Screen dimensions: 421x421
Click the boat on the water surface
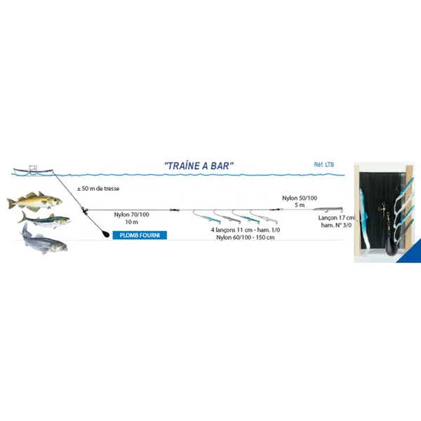point(33,171)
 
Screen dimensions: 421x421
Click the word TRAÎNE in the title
point(182,166)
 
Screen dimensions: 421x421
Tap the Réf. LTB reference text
point(324,165)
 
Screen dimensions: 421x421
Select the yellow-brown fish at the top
point(34,201)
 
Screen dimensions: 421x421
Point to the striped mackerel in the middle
point(44,220)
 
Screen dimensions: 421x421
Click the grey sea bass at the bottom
point(44,240)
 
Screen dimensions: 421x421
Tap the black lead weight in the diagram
point(105,234)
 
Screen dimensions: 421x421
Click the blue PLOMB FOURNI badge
point(140,235)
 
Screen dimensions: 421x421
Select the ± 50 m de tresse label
point(98,189)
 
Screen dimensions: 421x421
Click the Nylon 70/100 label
point(132,215)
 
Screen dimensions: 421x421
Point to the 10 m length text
point(132,222)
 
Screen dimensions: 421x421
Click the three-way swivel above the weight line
point(85,210)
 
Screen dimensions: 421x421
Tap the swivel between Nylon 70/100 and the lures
point(175,210)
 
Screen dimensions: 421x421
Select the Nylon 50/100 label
point(300,198)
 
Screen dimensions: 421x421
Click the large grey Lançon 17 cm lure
point(328,209)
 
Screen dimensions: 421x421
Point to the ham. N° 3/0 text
point(336,225)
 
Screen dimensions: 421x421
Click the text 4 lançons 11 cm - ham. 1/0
point(246,230)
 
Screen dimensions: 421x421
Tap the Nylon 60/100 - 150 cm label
point(246,237)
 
